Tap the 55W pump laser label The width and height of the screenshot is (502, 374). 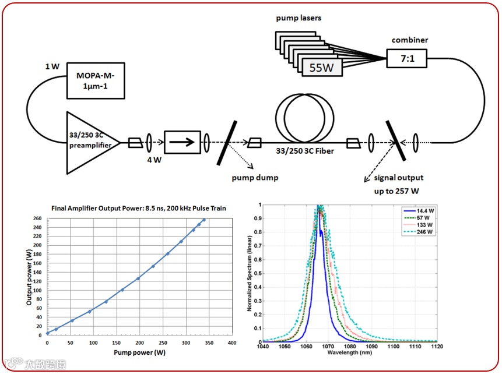pos(322,68)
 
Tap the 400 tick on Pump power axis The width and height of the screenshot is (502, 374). pos(231,343)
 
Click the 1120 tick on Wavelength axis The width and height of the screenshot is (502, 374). pos(437,347)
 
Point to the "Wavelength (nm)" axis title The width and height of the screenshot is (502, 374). pos(349,353)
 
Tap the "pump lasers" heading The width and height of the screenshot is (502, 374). pos(299,19)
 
